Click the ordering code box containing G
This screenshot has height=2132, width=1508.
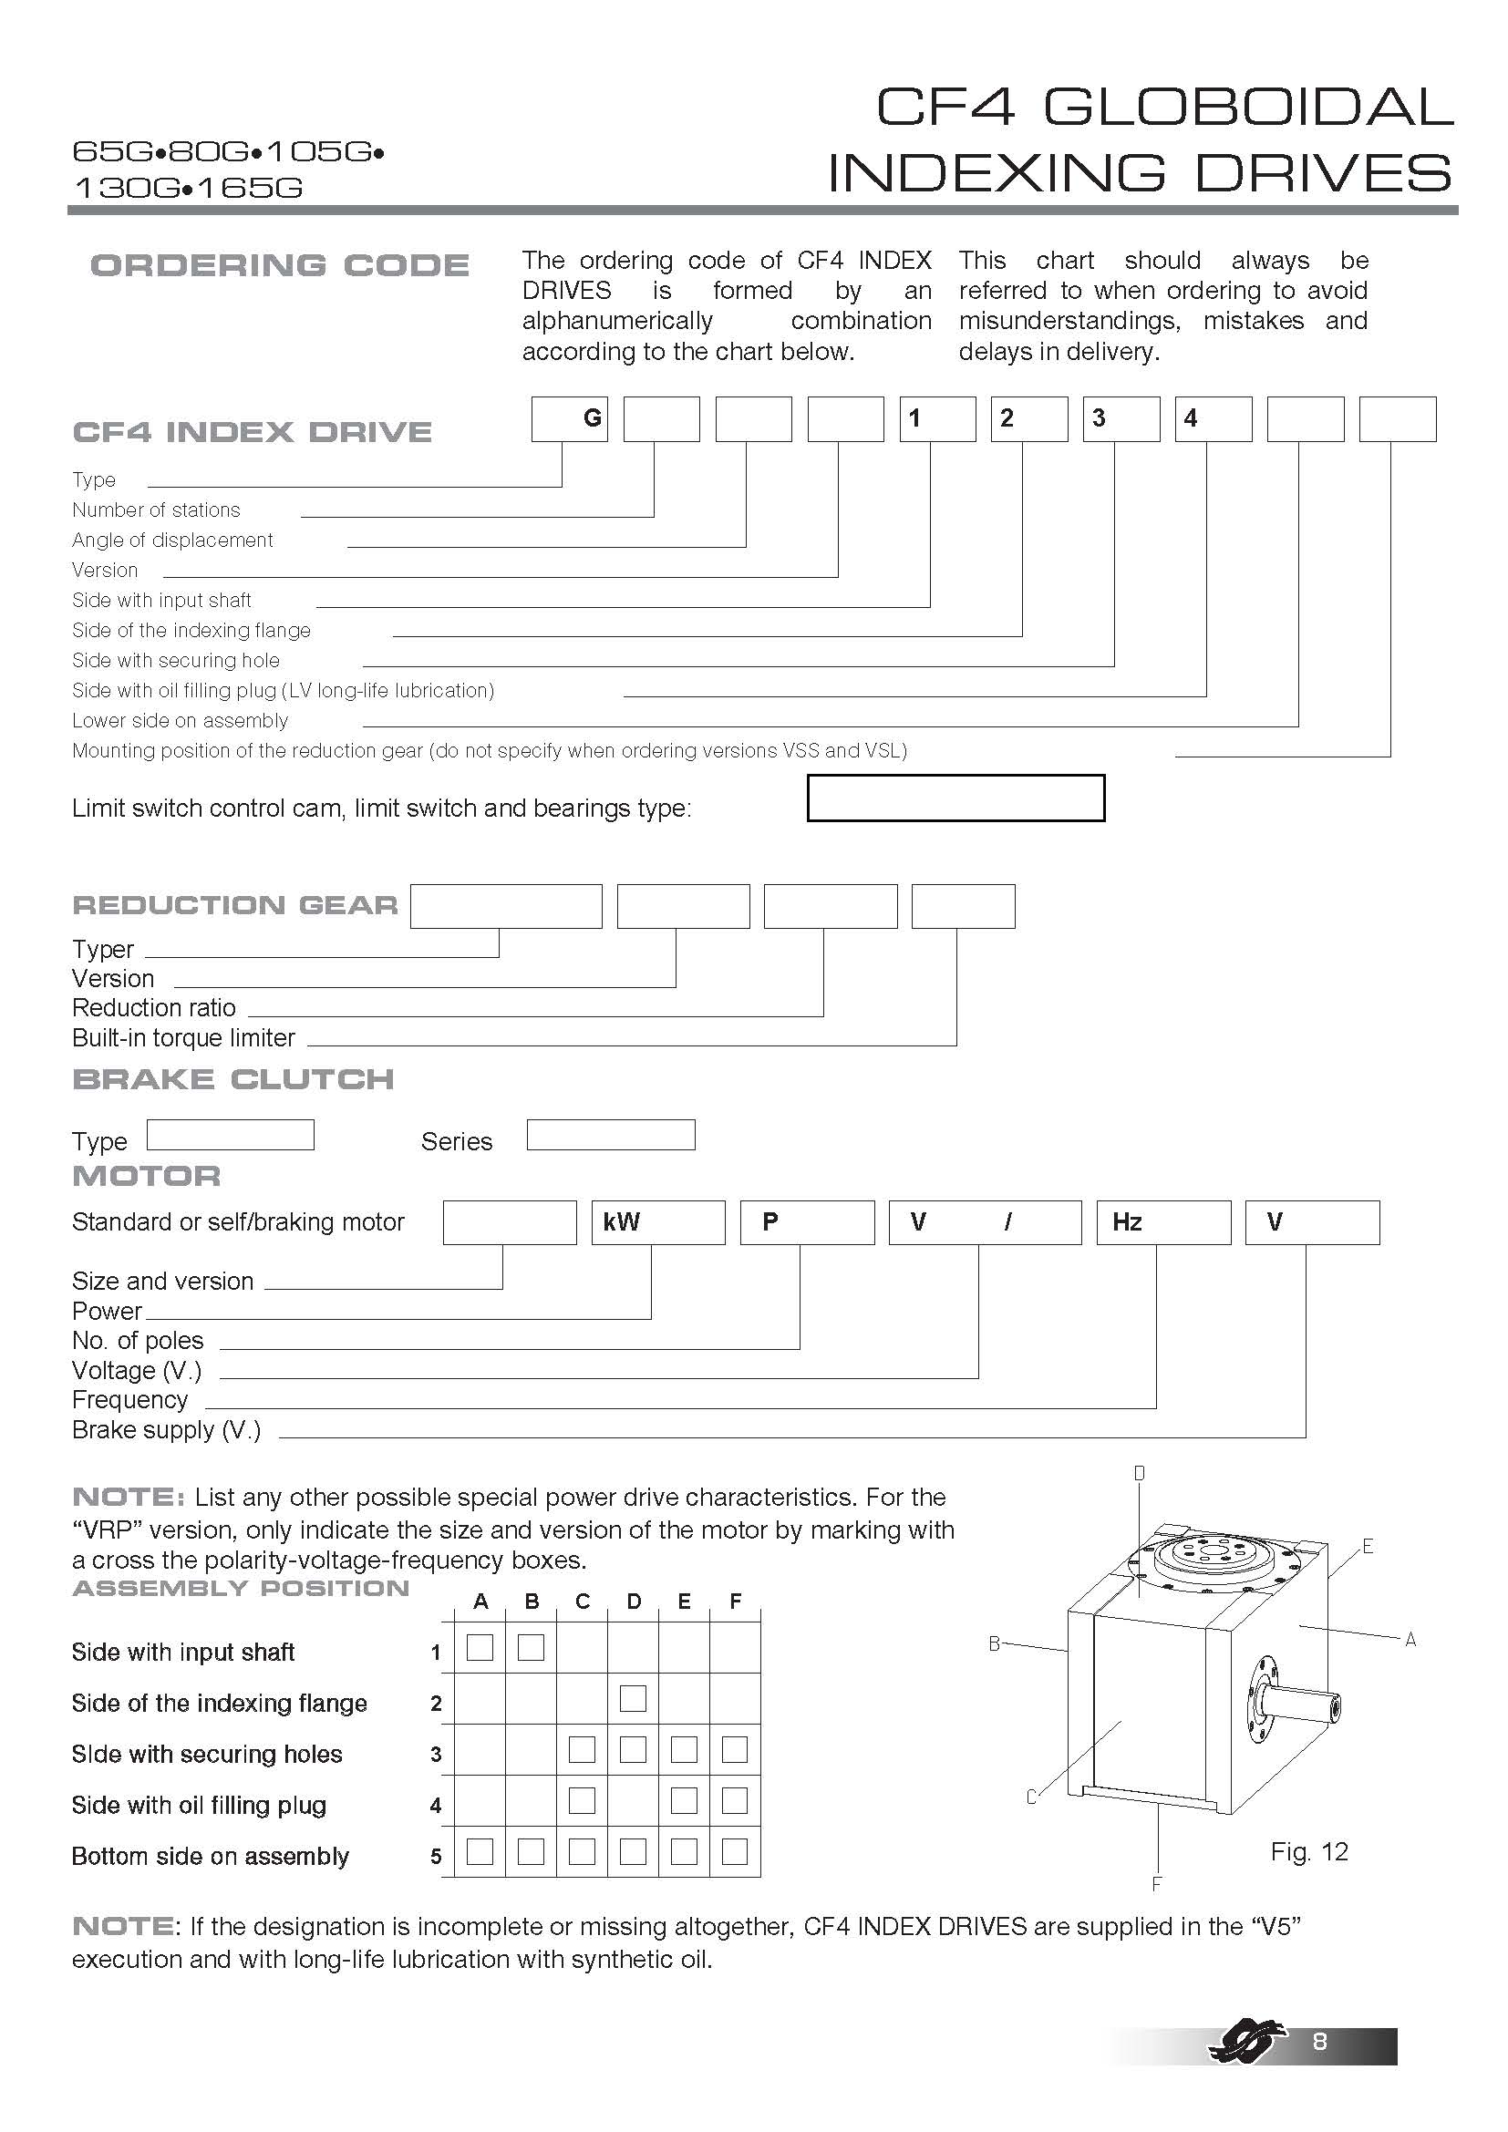coord(569,418)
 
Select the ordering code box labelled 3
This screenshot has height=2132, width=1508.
coord(1121,418)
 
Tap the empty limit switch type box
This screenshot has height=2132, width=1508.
coord(955,798)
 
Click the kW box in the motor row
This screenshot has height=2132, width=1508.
coord(657,1222)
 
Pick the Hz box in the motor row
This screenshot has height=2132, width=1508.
coord(1162,1222)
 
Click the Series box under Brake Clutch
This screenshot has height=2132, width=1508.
coord(610,1135)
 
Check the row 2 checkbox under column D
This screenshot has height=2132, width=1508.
coord(633,1698)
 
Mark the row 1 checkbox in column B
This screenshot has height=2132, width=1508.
coord(532,1647)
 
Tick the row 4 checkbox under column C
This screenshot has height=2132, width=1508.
coord(582,1800)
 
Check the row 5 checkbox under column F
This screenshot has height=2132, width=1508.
coord(735,1851)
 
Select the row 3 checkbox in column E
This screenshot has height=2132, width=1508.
coord(684,1749)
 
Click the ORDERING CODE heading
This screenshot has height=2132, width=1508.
coord(280,265)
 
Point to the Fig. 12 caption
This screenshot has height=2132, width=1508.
coord(1308,1851)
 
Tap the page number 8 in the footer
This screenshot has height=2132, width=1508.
coord(1319,2041)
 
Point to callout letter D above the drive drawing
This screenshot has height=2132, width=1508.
coord(1140,1474)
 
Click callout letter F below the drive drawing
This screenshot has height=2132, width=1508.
coord(1156,1884)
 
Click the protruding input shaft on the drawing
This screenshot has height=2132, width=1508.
coord(1300,1702)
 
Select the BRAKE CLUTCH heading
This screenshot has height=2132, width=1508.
coord(233,1079)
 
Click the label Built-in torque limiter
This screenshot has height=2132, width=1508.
coord(183,1037)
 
